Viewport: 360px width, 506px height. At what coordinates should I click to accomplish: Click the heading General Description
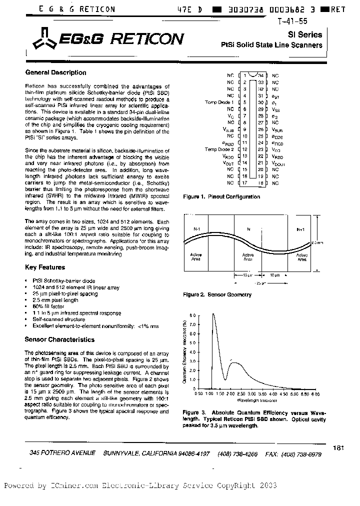(55, 72)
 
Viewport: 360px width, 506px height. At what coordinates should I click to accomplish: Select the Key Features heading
(45, 267)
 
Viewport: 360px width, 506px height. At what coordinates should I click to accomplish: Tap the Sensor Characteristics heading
(59, 339)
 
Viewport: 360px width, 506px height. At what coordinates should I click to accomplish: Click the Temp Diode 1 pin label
(219, 102)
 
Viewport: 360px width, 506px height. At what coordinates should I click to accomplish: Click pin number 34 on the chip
(260, 75)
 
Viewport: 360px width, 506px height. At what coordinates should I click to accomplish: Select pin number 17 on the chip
(245, 183)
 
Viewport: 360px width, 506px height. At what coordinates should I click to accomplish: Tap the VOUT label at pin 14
(228, 163)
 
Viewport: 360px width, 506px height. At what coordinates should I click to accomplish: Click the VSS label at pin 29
(276, 108)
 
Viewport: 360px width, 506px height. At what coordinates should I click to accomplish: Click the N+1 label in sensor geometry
(300, 229)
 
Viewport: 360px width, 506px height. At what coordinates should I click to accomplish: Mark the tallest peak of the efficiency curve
(213, 314)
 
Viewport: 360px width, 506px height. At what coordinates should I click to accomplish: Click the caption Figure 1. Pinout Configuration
(221, 196)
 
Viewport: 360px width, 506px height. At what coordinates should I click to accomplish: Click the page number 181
(338, 448)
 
